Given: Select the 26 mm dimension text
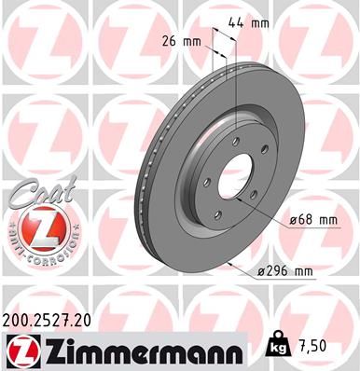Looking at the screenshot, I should [181, 40].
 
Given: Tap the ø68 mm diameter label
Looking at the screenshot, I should [312, 219].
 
